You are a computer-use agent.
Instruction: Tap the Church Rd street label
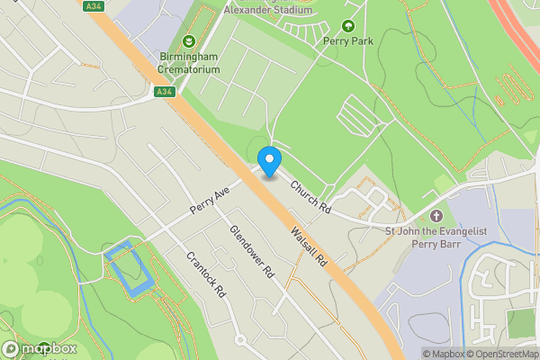(310, 194)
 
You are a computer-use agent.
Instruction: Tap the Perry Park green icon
(348, 25)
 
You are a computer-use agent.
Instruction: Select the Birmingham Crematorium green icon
(189, 40)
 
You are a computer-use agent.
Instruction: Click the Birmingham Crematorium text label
(189, 62)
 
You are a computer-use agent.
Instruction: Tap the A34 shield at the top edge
(92, 6)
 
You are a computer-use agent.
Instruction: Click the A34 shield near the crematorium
(163, 91)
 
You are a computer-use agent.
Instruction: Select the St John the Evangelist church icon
(436, 216)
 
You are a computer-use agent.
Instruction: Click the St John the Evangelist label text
(436, 238)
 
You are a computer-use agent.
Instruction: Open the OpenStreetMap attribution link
(500, 354)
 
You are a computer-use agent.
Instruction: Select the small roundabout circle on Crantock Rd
(240, 340)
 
